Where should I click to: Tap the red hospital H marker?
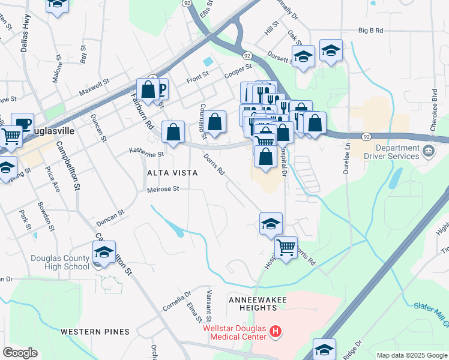pos(276,331)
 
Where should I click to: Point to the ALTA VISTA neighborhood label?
pos(173,173)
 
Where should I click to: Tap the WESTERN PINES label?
pos(95,331)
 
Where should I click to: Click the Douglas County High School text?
pos(60,263)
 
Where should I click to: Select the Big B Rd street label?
pos(370,30)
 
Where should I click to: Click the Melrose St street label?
pos(163,190)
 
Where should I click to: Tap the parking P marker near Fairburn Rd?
pos(160,90)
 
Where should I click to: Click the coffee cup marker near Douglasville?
pos(23,124)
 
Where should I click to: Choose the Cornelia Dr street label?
pos(176,302)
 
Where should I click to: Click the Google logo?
pos(20,353)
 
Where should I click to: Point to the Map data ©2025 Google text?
pos(412,355)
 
